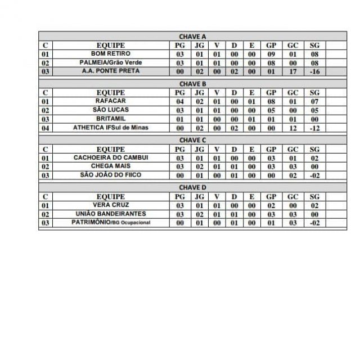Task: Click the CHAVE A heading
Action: click(x=192, y=37)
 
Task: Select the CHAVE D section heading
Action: click(x=192, y=187)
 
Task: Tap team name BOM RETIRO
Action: click(x=110, y=54)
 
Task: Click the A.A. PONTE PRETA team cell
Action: click(x=110, y=71)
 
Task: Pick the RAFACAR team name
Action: click(x=110, y=101)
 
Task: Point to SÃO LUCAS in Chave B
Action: click(x=110, y=110)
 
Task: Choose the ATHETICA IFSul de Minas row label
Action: click(x=110, y=128)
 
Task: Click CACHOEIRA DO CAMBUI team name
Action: click(x=110, y=158)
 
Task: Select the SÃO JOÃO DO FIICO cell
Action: click(x=110, y=175)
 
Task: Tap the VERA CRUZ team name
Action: click(x=110, y=205)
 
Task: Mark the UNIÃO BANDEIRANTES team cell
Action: click(x=110, y=214)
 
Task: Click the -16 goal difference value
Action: click(x=314, y=72)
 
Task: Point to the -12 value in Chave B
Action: click(x=314, y=128)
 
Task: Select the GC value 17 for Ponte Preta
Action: click(x=292, y=72)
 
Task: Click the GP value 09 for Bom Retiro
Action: click(x=271, y=55)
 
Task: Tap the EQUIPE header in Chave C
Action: click(x=110, y=149)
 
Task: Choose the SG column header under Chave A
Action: click(x=314, y=46)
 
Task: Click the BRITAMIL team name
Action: click(x=110, y=119)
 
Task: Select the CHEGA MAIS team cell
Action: click(x=110, y=166)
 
